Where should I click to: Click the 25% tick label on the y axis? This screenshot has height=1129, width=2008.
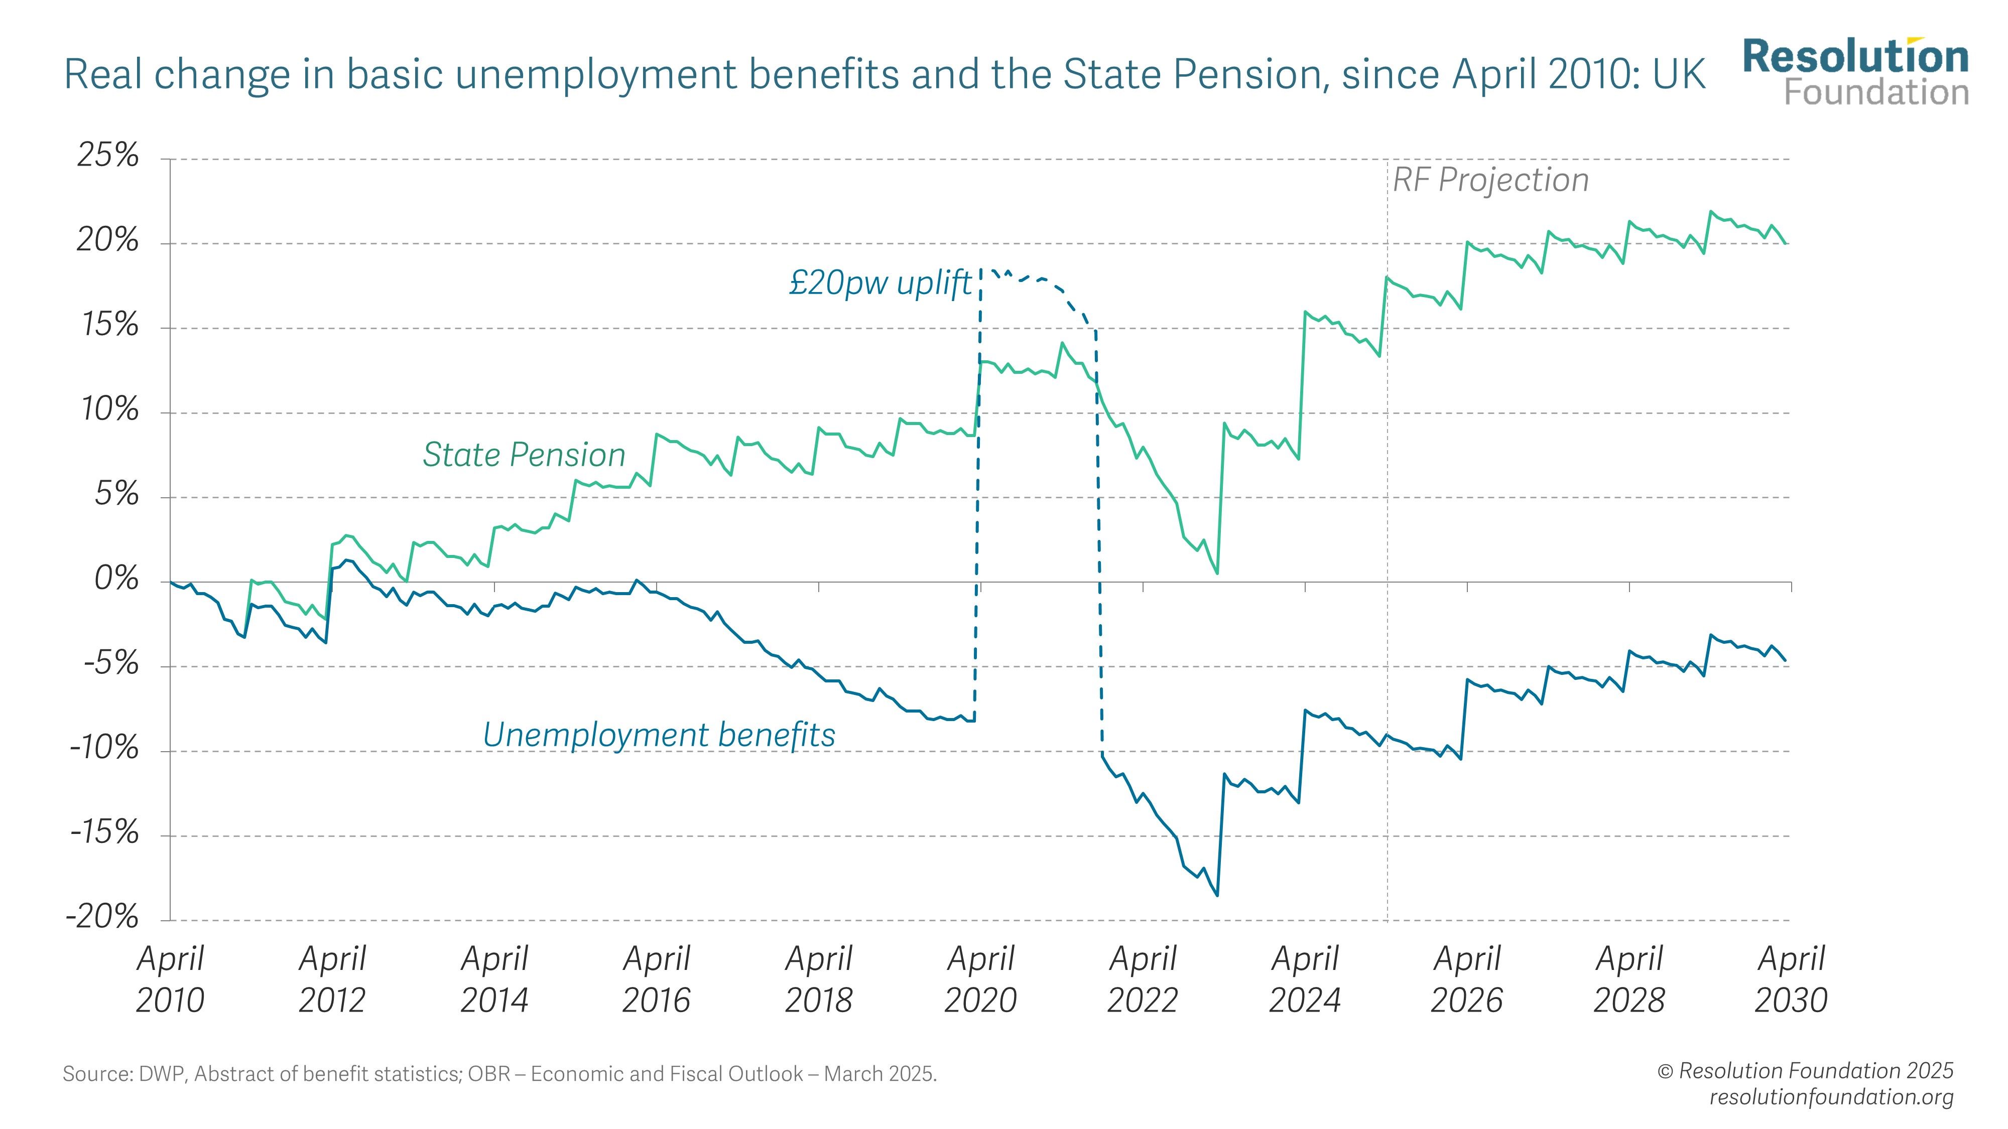pos(107,157)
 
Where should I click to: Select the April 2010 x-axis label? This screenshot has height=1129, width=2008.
pos(170,979)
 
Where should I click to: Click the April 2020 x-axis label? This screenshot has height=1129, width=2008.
pos(980,979)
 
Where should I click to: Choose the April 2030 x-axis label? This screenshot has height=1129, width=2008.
pos(1791,979)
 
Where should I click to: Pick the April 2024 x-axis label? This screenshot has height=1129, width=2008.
pos(1305,979)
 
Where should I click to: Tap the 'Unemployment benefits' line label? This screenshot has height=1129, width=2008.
pos(659,735)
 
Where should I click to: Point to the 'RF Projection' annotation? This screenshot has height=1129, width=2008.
pos(1490,180)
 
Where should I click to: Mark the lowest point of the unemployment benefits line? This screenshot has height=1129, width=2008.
pos(1217,895)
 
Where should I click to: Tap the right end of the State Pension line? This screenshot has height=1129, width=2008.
pos(1787,244)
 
